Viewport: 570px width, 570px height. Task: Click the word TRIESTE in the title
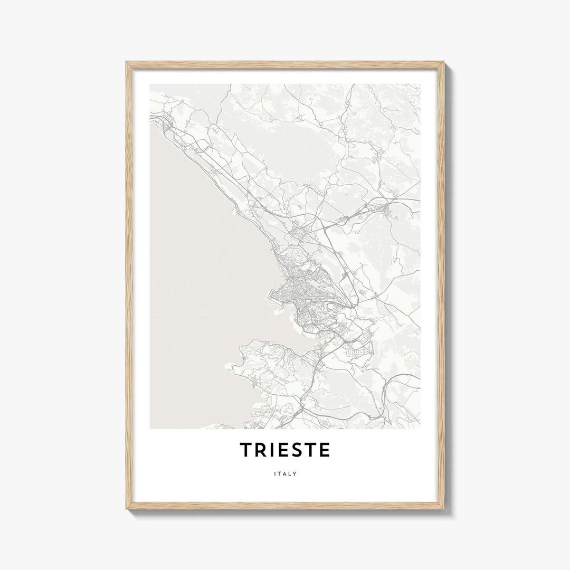pyautogui.click(x=285, y=450)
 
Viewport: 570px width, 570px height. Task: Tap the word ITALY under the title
pyautogui.click(x=285, y=474)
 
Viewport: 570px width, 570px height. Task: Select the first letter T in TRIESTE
pyautogui.click(x=246, y=450)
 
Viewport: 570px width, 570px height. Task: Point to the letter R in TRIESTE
pyautogui.click(x=261, y=450)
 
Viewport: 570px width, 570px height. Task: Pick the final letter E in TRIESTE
pyautogui.click(x=324, y=450)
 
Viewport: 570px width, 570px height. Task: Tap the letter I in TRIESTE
pyautogui.click(x=271, y=450)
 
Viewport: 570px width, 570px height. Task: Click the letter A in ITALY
pyautogui.click(x=285, y=474)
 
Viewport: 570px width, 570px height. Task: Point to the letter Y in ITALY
pyautogui.click(x=295, y=474)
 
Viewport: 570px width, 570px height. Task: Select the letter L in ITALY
pyautogui.click(x=290, y=474)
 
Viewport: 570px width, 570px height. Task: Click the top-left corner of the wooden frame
pyautogui.click(x=127, y=62)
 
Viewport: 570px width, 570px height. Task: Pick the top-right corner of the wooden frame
pyautogui.click(x=444, y=62)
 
